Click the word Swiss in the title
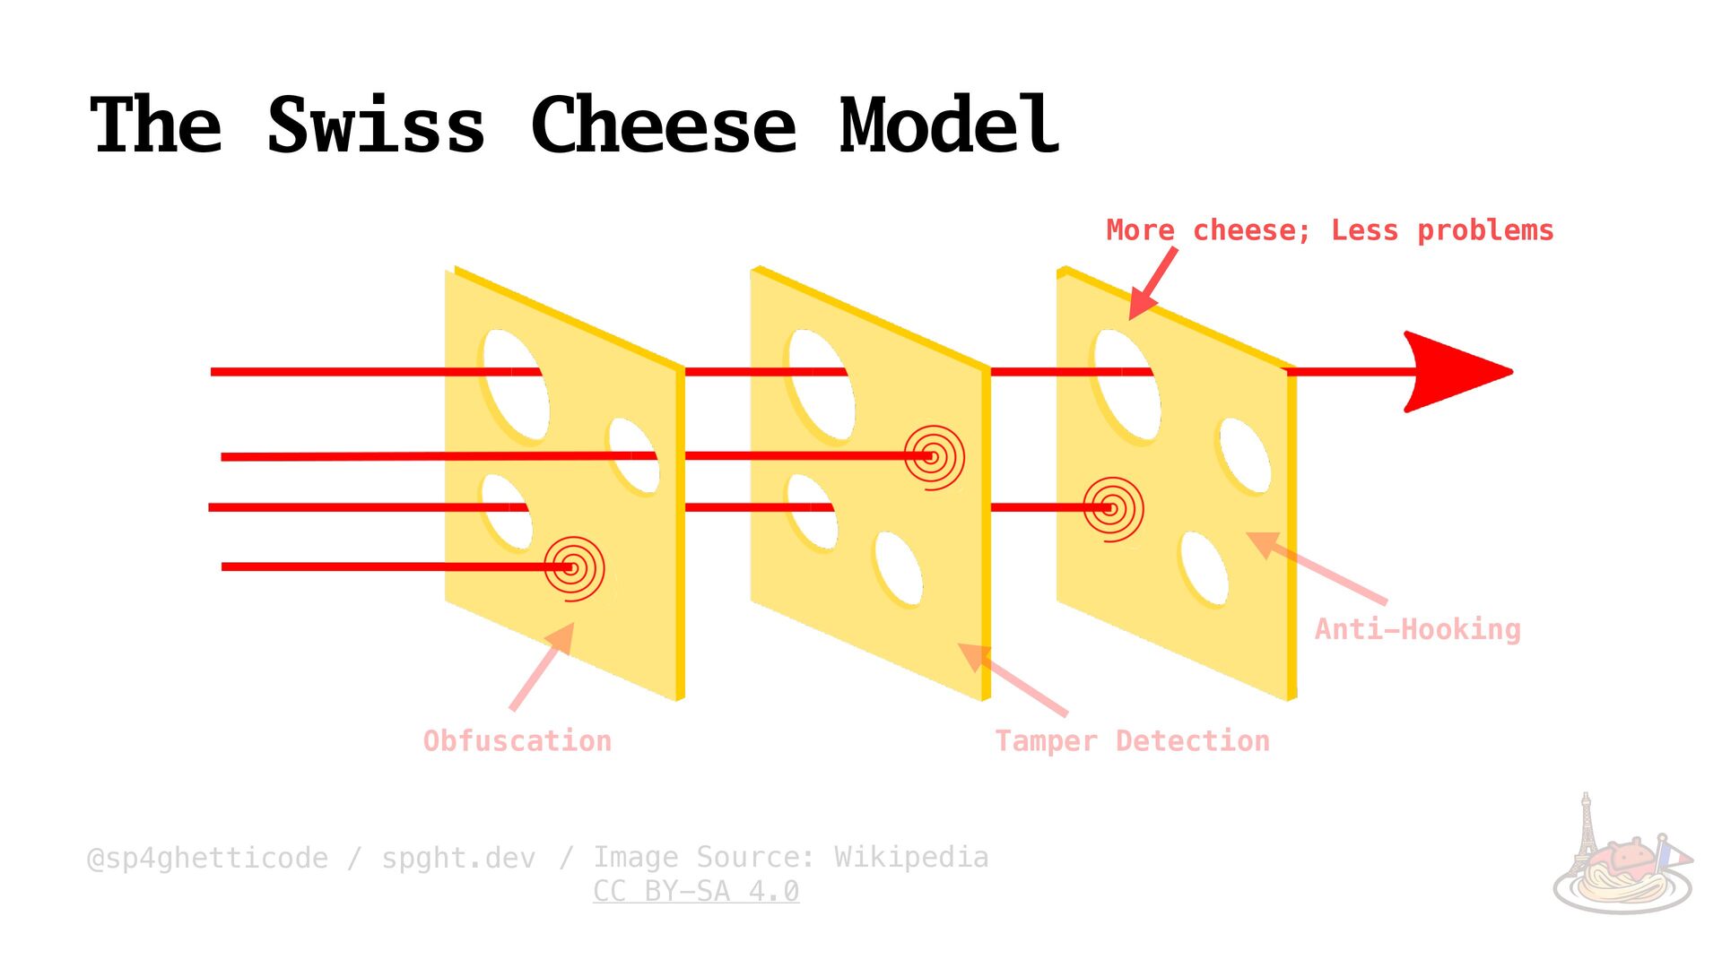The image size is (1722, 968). pyautogui.click(x=377, y=125)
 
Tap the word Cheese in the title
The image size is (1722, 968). pyautogui.click(x=664, y=125)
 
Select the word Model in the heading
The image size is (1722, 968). pyautogui.click(x=949, y=125)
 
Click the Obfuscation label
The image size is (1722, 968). pyautogui.click(x=517, y=741)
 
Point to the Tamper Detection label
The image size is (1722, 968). pyautogui.click(x=1132, y=741)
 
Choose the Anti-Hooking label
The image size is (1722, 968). pyautogui.click(x=1417, y=629)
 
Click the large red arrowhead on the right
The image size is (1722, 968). pyautogui.click(x=1453, y=371)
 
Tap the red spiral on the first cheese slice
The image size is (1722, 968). pyautogui.click(x=574, y=567)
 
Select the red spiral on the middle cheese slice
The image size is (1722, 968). pyautogui.click(x=934, y=457)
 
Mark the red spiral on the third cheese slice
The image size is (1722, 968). pyautogui.click(x=1113, y=508)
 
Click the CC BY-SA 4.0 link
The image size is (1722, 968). pyautogui.click(x=696, y=891)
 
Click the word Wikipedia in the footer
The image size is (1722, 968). pyautogui.click(x=911, y=857)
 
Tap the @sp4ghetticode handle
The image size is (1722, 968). pyautogui.click(x=207, y=858)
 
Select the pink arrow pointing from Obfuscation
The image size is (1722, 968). pyautogui.click(x=542, y=667)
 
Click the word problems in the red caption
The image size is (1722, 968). pyautogui.click(x=1485, y=230)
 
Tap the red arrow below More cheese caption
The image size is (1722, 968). pyautogui.click(x=1152, y=284)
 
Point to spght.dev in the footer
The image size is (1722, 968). pyautogui.click(x=458, y=858)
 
